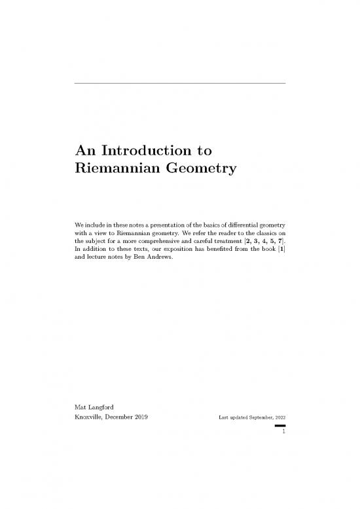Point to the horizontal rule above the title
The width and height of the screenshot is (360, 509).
180,83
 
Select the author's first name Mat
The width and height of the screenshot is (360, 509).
82,409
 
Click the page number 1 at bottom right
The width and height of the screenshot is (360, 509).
282,432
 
